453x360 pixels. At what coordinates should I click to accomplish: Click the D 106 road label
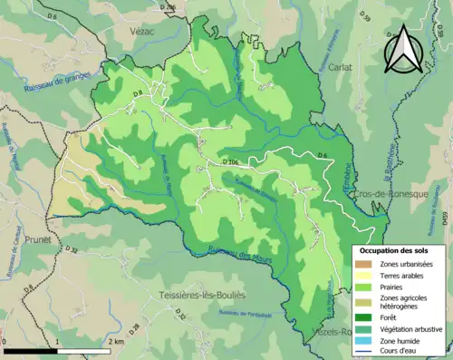pos(230,162)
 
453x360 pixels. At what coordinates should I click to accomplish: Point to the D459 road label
pos(445,218)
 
